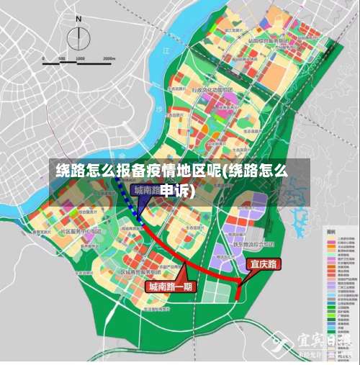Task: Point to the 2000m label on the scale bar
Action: pos(108,58)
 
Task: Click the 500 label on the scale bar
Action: pos(62,58)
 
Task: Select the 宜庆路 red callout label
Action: pos(263,264)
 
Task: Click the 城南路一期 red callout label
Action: pos(171,286)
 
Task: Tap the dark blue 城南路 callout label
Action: pos(147,190)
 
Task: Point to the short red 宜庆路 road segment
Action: pos(238,289)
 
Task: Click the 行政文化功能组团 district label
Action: pos(212,91)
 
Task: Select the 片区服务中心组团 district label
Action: pos(79,232)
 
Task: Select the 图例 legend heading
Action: pos(332,233)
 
